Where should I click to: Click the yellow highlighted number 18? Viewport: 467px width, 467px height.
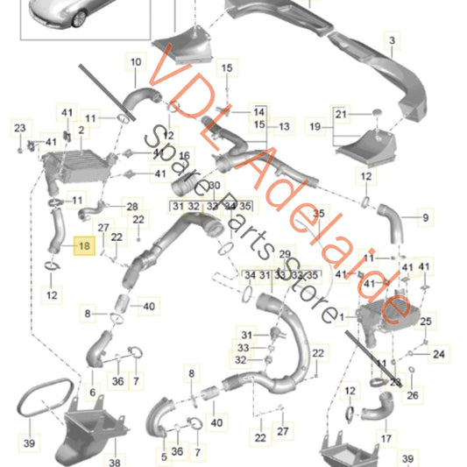84,248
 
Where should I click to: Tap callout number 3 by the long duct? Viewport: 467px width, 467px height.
392,40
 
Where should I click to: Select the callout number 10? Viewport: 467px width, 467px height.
135,61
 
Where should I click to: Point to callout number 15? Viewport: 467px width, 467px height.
227,67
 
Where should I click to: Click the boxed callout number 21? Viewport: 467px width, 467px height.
340,114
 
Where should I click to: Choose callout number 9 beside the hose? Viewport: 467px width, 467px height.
426,216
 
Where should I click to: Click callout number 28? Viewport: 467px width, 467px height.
132,206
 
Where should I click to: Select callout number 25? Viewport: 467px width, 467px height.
427,322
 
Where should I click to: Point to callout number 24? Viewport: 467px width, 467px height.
438,354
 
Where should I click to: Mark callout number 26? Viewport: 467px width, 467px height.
413,394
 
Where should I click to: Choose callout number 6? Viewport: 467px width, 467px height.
92,393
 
